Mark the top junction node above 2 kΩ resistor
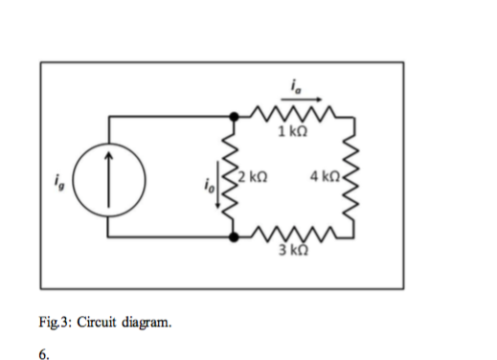[231, 115]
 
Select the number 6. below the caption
[45, 350]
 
